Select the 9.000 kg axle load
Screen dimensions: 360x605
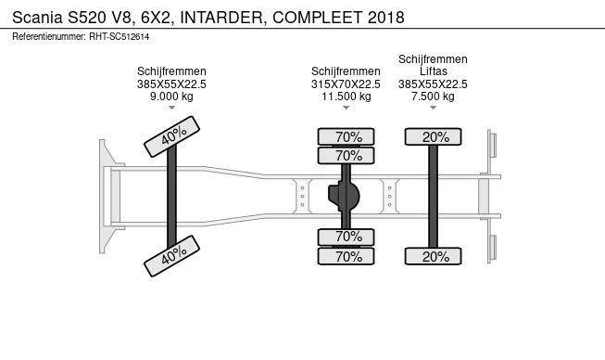pyautogui.click(x=171, y=96)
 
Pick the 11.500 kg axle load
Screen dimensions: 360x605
pyautogui.click(x=346, y=96)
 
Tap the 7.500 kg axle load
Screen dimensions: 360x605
pyautogui.click(x=433, y=96)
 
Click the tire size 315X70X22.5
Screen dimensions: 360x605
pyautogui.click(x=346, y=84)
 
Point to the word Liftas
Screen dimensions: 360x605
pyautogui.click(x=433, y=71)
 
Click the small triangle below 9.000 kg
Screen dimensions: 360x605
pyautogui.click(x=171, y=109)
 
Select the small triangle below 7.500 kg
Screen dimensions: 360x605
pyautogui.click(x=433, y=109)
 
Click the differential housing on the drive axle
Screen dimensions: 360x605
pyautogui.click(x=346, y=196)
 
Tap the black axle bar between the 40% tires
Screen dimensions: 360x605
pyautogui.click(x=171, y=196)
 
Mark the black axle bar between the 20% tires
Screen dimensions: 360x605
pyautogui.click(x=433, y=196)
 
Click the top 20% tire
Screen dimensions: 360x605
pyautogui.click(x=433, y=137)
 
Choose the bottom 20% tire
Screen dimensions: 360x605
pyautogui.click(x=433, y=256)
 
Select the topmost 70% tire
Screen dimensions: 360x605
pyautogui.click(x=347, y=137)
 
